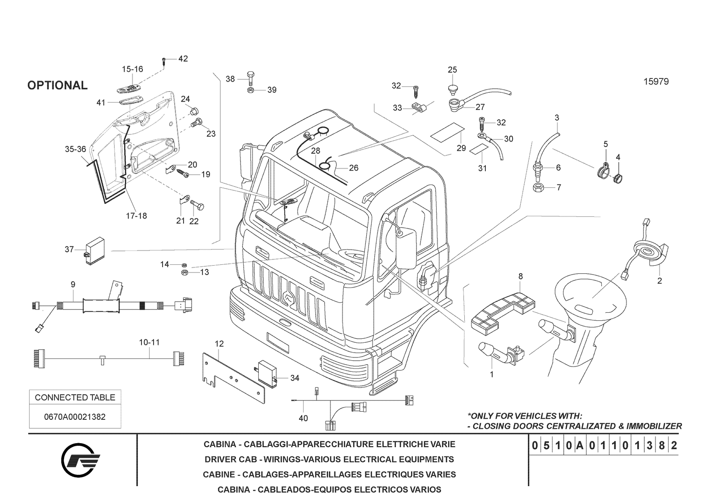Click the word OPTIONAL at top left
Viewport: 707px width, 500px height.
(57, 86)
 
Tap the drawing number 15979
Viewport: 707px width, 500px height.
(656, 82)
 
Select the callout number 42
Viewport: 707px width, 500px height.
(183, 59)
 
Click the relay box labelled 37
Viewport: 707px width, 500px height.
(94, 251)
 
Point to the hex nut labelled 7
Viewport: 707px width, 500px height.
(539, 187)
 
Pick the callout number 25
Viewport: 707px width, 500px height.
(452, 69)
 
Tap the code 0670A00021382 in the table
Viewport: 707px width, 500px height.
(75, 417)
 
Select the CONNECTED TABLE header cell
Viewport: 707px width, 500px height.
(75, 397)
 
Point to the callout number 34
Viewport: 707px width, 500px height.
(295, 378)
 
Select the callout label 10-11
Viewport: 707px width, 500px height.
(149, 342)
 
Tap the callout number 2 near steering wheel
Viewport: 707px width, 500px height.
(659, 281)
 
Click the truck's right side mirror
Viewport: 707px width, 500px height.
(407, 247)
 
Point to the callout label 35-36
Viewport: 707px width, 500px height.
(75, 149)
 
